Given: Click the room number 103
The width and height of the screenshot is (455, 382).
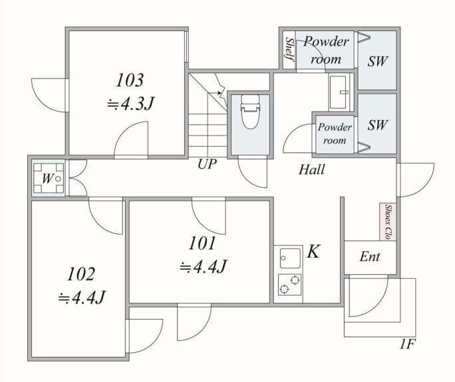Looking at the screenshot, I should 130,80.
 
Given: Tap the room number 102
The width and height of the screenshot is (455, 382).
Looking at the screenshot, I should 81,273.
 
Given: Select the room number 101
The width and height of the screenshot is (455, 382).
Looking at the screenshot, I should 202,243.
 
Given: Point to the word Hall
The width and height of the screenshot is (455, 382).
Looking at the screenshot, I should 311,169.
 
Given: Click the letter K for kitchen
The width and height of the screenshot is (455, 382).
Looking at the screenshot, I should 314,252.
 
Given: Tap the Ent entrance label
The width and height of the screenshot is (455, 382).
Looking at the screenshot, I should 369,256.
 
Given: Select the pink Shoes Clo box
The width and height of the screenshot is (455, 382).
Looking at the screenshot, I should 388,222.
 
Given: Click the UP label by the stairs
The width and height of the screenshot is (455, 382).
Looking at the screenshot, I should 207,164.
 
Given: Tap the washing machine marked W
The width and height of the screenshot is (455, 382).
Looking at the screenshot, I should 49,178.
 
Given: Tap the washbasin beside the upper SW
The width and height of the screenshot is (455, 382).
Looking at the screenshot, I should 340,91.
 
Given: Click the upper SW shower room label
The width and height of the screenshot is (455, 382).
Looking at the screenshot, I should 377,61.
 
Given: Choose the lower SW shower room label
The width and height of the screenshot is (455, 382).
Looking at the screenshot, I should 377,125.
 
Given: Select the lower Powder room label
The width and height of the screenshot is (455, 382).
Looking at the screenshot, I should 334,134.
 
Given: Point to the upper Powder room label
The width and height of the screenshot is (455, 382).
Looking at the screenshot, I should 325,50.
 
